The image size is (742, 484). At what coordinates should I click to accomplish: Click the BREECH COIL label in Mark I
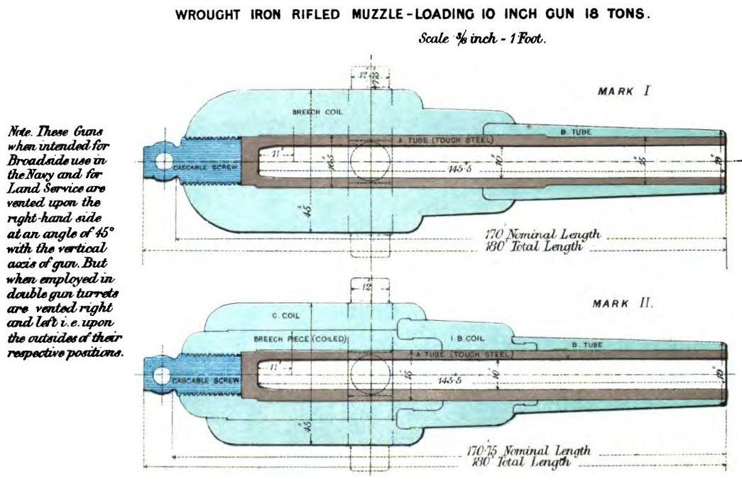312,113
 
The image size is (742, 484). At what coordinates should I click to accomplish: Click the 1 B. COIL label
467,339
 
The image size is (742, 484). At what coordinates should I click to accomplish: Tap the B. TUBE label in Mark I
577,132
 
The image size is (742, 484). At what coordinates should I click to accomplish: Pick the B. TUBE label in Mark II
589,344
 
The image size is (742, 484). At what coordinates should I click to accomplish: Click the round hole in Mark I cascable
162,160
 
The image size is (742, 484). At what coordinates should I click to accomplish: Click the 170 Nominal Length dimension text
542,234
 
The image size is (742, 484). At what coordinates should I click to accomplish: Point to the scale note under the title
482,40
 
